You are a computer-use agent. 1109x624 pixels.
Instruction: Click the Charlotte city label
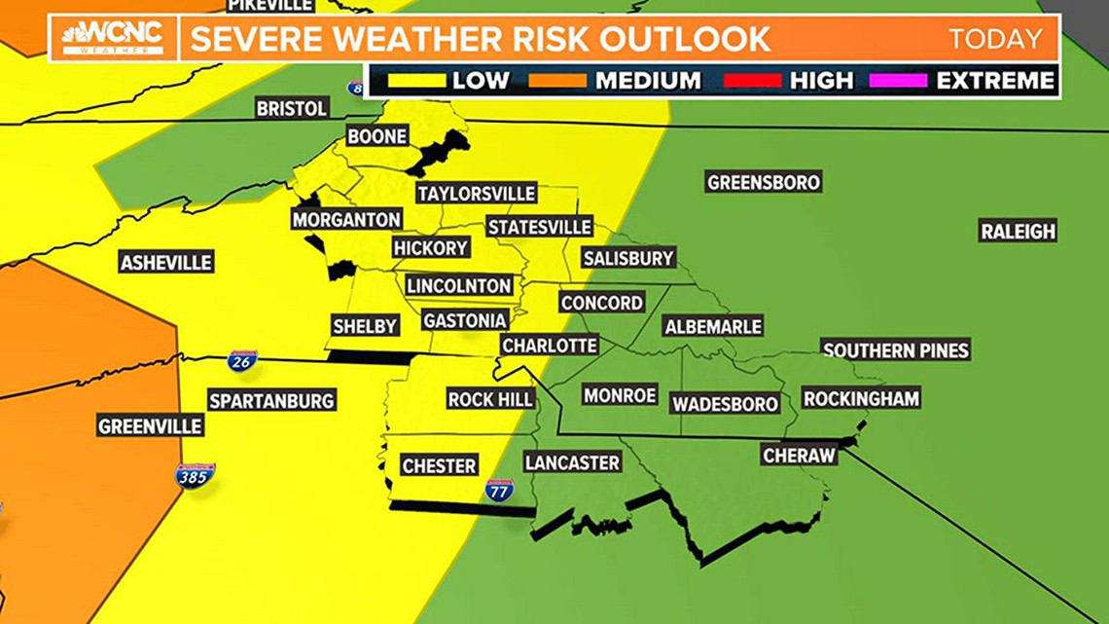pos(550,346)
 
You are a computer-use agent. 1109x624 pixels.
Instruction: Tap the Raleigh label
pos(1018,232)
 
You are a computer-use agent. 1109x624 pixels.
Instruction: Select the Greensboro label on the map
pos(764,182)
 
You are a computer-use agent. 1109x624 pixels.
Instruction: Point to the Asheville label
pos(166,262)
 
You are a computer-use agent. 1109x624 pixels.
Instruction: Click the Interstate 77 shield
pos(499,490)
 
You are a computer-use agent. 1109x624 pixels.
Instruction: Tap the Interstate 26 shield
pos(242,360)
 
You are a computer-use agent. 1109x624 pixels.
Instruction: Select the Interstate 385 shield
pos(195,475)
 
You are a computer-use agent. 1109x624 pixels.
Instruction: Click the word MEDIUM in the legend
pos(648,81)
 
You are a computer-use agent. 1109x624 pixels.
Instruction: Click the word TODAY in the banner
pos(995,40)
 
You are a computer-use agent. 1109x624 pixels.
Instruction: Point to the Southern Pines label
pos(896,350)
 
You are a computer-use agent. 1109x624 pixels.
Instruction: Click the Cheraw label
pos(800,456)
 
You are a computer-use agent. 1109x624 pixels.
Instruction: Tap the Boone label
pos(377,136)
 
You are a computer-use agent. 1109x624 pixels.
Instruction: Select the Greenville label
pos(150,426)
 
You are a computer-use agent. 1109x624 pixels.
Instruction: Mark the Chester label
pos(439,466)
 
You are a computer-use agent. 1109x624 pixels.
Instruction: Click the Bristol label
pos(292,109)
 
